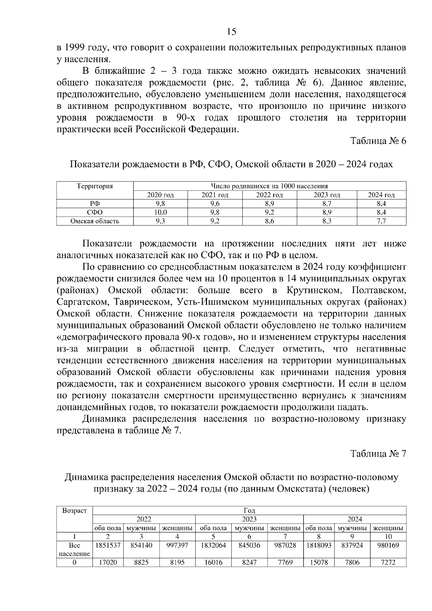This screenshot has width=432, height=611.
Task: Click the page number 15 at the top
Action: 231,32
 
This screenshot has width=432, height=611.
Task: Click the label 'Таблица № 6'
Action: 378,141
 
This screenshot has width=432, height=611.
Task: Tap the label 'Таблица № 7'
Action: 378,454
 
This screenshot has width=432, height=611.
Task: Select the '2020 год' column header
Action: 161,195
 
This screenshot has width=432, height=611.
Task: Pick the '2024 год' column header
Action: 381,195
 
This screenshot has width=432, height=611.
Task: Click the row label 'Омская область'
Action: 95,221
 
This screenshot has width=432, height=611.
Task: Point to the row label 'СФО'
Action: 95,212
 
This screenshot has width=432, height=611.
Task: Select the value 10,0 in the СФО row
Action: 161,212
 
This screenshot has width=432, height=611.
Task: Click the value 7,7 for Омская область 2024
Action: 381,221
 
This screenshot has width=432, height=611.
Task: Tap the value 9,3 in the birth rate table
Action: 161,221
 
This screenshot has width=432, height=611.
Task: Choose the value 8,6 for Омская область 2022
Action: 269,221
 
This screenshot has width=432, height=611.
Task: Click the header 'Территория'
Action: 95,186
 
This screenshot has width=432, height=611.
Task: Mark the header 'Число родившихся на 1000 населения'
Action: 269,186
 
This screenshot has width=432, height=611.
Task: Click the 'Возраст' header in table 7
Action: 75,511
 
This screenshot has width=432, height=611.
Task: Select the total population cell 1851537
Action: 108,545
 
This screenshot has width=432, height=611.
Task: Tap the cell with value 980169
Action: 388,545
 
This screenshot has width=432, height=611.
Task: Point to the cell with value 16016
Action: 213,562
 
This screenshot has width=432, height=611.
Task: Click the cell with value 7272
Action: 388,562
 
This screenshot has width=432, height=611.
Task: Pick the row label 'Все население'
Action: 75,550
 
